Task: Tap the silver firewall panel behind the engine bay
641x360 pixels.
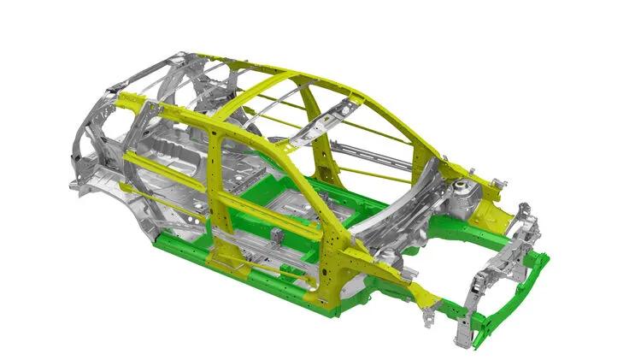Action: [x=402, y=222]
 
